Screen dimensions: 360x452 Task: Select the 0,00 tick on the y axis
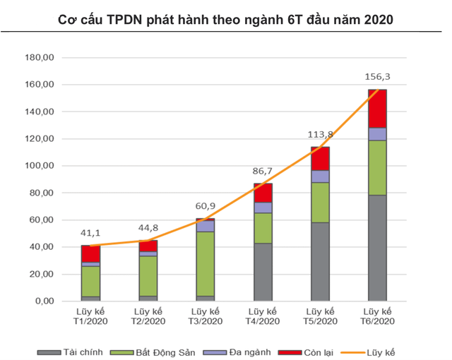[44, 301]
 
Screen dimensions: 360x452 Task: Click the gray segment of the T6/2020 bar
[378, 248]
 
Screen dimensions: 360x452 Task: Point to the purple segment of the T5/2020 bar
[321, 176]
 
